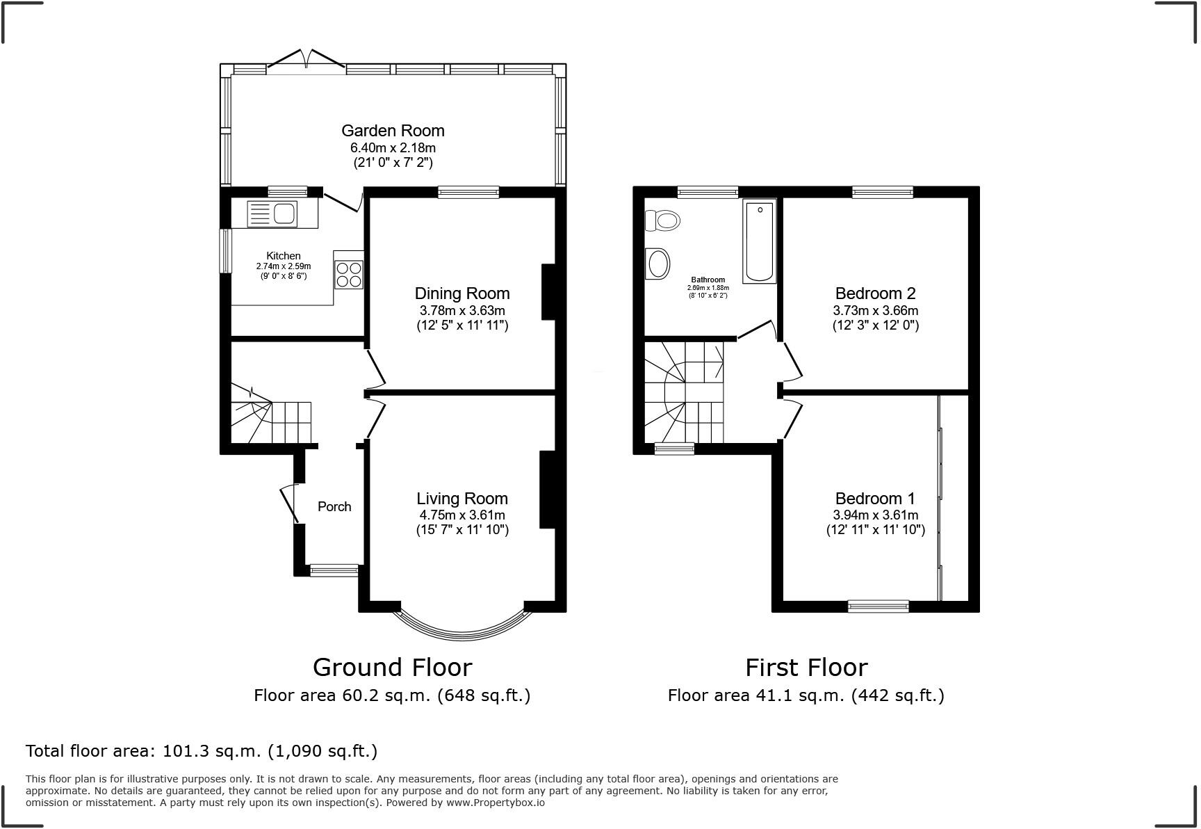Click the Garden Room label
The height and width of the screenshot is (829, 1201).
point(393,131)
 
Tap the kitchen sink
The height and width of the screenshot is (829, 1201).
point(272,214)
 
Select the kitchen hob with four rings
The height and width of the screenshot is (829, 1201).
point(349,274)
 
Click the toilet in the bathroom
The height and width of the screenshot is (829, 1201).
point(662,221)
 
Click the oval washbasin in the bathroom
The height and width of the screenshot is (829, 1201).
point(658,264)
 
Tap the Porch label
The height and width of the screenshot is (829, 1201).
point(334,506)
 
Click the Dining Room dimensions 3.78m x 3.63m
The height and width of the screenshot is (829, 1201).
point(462,310)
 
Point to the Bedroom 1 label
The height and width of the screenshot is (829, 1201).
point(875,499)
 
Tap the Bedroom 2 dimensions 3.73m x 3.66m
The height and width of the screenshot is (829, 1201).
point(875,310)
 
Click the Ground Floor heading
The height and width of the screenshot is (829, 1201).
point(392,667)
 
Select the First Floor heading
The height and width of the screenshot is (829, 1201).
point(806,668)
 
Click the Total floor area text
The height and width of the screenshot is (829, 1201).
point(202,751)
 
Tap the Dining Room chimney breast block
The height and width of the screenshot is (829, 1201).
point(548,292)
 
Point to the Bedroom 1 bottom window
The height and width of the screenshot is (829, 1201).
point(878,606)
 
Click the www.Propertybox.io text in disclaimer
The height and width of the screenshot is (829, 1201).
point(495,803)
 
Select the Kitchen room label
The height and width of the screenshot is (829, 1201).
point(284,256)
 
